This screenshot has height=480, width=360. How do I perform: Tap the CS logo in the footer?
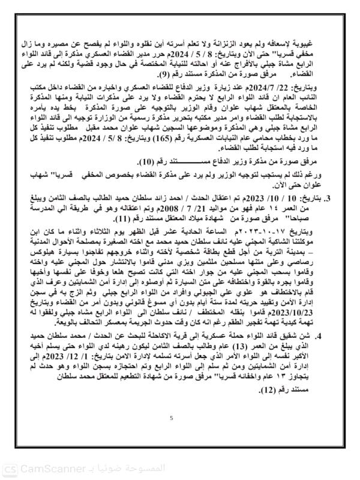10,468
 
